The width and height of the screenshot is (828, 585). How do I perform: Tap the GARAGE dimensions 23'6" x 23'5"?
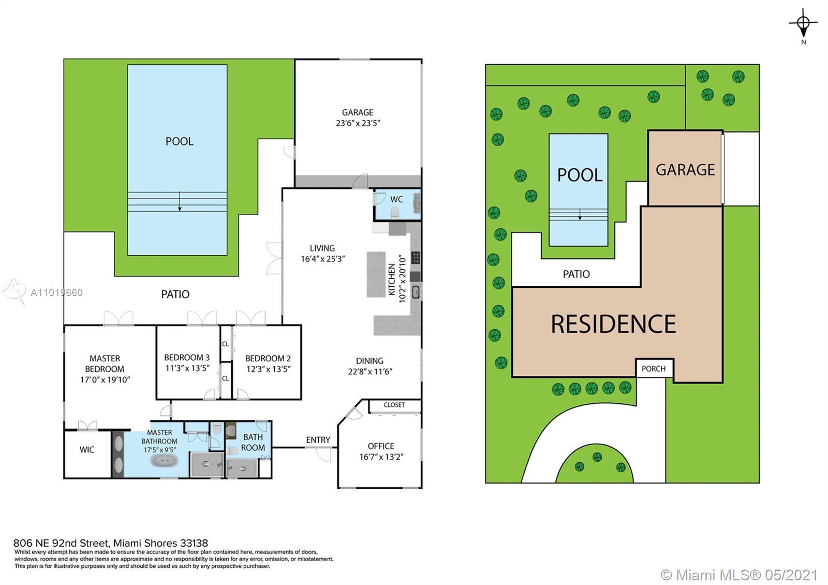[x=358, y=123]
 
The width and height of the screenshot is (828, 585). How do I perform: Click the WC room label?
[x=396, y=199]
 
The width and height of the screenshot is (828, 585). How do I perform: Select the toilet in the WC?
[x=395, y=213]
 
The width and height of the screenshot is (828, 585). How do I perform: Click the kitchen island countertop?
[x=376, y=274]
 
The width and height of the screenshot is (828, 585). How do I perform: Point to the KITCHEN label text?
[x=392, y=279]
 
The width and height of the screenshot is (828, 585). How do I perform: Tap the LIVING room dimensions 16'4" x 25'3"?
[x=323, y=259]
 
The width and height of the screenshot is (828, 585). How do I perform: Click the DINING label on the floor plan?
[x=369, y=360]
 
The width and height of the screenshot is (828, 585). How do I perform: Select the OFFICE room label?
[x=381, y=446]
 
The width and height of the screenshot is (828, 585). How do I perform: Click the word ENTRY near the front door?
[x=318, y=440]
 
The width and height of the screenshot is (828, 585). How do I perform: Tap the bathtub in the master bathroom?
[x=164, y=461]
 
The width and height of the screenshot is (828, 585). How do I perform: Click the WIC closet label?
[x=87, y=450]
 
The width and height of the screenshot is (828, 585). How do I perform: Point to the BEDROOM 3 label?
[x=187, y=358]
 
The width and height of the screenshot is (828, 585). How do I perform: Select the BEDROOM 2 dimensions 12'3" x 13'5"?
[x=269, y=369]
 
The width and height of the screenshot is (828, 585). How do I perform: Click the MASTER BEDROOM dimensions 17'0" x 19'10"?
[x=105, y=380]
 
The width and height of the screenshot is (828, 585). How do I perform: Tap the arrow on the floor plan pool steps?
[x=180, y=201]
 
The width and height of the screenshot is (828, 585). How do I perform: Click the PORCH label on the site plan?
[x=654, y=369]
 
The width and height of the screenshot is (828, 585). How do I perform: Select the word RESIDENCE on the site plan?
[x=613, y=324]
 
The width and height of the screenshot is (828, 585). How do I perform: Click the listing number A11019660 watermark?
[x=56, y=293]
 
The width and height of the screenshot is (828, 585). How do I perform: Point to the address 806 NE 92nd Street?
[x=62, y=543]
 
